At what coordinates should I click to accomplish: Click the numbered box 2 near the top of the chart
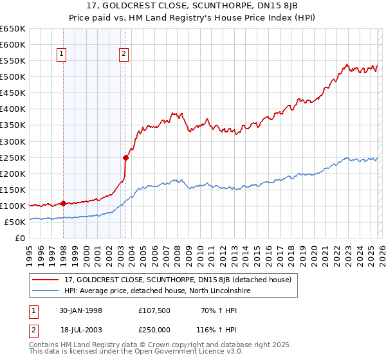(x=124, y=55)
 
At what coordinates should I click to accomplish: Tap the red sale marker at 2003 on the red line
(x=125, y=157)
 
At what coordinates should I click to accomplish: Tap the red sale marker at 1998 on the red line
(x=63, y=203)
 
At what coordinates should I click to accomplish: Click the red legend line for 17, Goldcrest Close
(x=46, y=280)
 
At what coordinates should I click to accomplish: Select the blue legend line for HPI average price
(x=46, y=291)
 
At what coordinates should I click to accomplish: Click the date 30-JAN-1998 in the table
(x=81, y=310)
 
